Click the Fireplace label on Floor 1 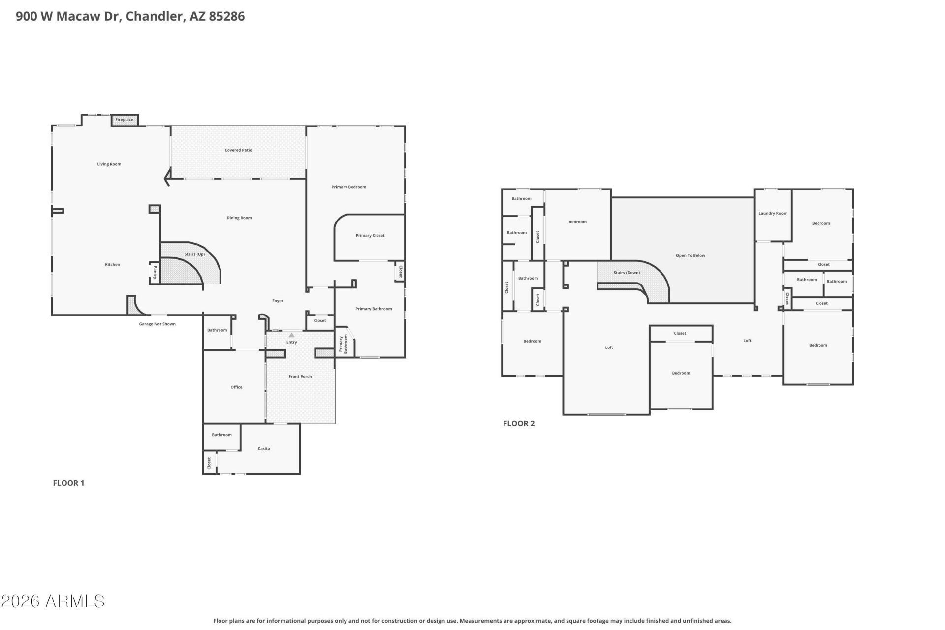(x=124, y=120)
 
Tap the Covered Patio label (x=238, y=150)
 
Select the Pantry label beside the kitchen (x=155, y=273)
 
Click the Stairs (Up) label (x=194, y=254)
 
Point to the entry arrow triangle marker (x=291, y=335)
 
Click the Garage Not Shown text (x=157, y=324)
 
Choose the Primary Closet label (x=370, y=235)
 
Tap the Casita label (x=264, y=449)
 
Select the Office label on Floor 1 (x=236, y=387)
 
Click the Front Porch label (x=300, y=377)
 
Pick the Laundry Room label (x=773, y=213)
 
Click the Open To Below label (x=691, y=256)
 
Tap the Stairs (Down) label (x=627, y=273)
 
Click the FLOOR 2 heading (x=519, y=423)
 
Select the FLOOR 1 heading (x=68, y=483)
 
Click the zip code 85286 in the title (x=226, y=16)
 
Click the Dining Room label (x=239, y=218)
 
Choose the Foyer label (x=278, y=301)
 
